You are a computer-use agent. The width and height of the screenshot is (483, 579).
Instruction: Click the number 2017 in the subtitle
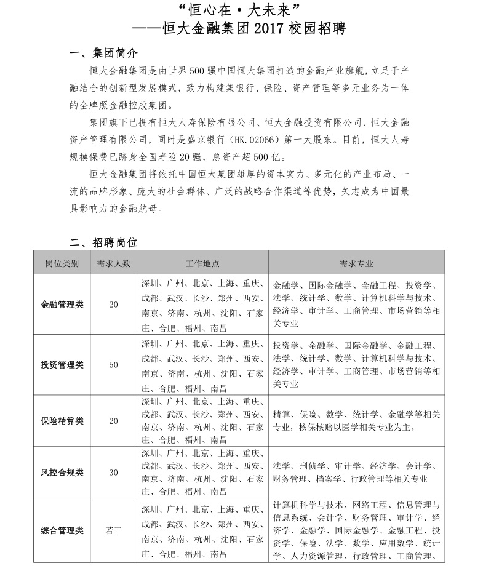click(271, 28)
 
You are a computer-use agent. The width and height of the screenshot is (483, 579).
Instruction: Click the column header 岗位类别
click(62, 263)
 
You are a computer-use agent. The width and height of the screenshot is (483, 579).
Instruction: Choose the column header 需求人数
click(113, 263)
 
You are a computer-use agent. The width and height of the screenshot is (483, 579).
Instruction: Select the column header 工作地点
click(202, 263)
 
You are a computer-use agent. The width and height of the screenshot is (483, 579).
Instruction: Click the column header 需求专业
click(356, 263)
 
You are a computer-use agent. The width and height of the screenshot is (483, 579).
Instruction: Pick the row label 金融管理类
click(62, 304)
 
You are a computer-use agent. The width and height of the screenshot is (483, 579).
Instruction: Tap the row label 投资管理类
click(62, 365)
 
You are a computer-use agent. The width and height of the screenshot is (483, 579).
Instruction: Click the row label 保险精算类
click(62, 421)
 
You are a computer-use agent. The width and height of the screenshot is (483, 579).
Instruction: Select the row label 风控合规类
click(62, 473)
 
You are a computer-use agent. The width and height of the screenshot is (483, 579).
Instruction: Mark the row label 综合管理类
click(62, 530)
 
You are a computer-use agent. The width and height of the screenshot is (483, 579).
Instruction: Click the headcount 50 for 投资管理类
click(113, 365)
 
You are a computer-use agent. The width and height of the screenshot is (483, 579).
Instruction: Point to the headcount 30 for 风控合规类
click(113, 473)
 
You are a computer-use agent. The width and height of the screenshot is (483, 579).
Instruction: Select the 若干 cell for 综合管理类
click(113, 530)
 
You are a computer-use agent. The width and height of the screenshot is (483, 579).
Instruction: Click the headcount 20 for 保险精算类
click(113, 421)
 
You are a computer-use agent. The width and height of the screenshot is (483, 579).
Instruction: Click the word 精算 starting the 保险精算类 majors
click(281, 414)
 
